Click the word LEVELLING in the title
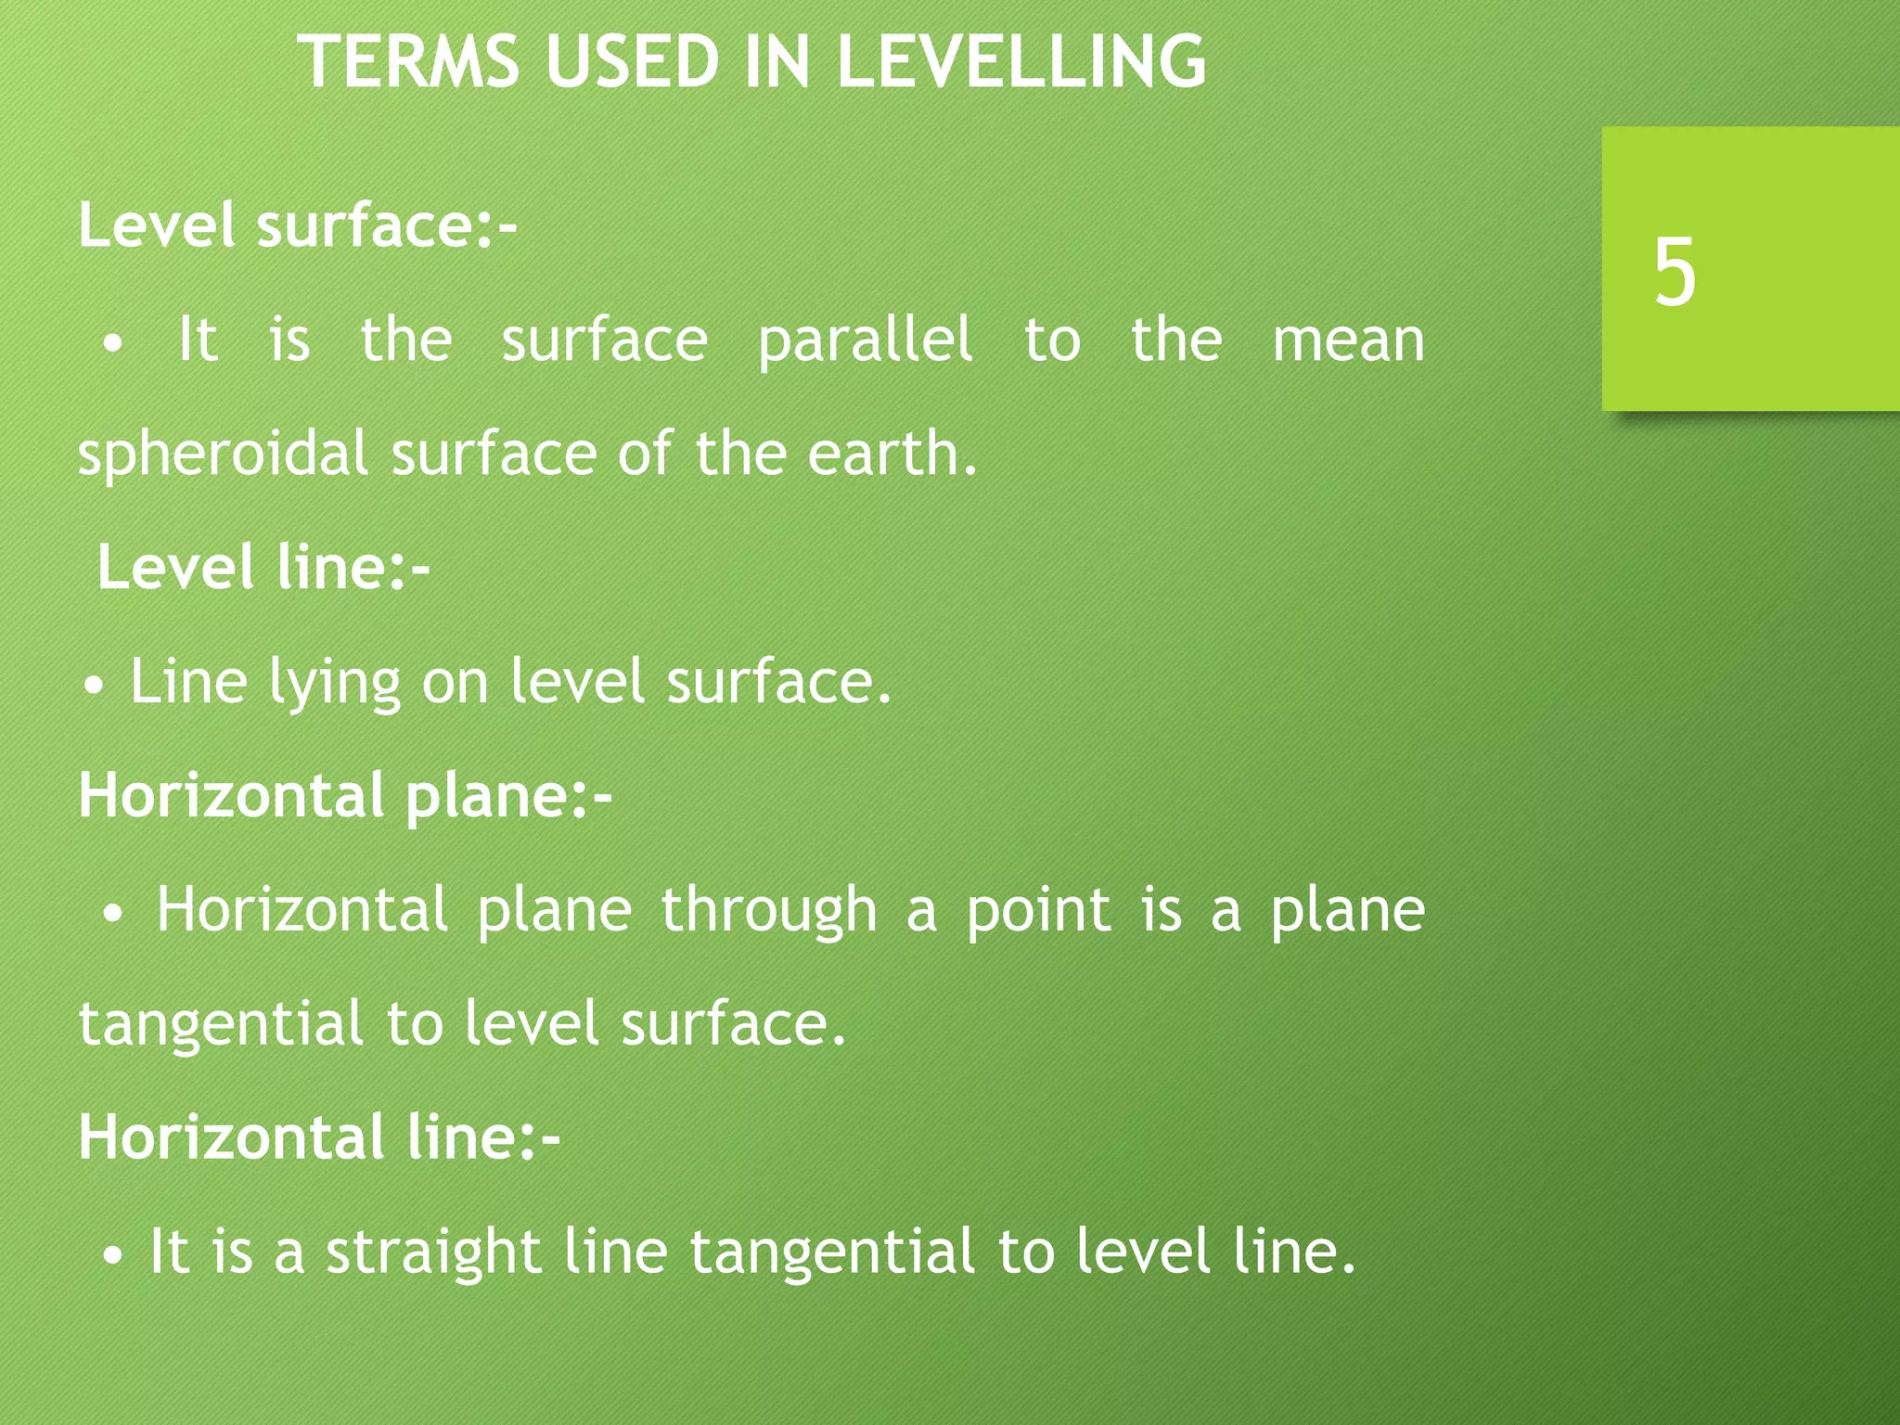(1021, 61)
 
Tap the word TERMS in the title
(408, 61)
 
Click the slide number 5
(1675, 271)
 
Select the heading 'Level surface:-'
(298, 225)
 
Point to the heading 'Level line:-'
(263, 567)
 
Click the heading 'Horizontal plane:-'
(345, 795)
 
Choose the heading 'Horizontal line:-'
(319, 1136)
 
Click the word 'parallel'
(866, 340)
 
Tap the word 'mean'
(1348, 340)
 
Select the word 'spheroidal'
(223, 455)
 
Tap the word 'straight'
(433, 1252)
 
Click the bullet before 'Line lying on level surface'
(93, 688)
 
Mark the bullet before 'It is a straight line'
(112, 1257)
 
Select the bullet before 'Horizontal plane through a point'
(112, 915)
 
